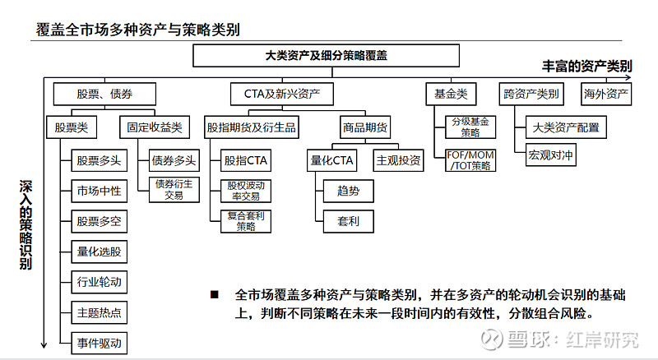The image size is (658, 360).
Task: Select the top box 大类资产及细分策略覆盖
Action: tap(326, 56)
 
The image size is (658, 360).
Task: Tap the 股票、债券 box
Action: tap(104, 94)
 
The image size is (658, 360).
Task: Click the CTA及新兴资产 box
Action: tap(282, 94)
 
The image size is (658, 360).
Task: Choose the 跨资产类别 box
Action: tap(531, 94)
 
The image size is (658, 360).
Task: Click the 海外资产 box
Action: tap(606, 94)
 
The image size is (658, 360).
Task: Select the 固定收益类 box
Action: tap(154, 127)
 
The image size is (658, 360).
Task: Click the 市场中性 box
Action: tap(99, 191)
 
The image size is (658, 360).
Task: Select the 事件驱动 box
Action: tap(99, 343)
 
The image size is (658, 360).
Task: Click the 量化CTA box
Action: tap(331, 159)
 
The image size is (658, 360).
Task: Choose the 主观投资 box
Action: tap(399, 159)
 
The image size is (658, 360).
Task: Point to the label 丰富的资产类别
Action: tap(586, 65)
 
